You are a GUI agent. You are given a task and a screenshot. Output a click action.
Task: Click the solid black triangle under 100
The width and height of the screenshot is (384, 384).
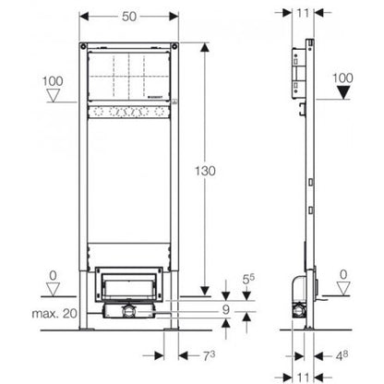(x=342, y=96)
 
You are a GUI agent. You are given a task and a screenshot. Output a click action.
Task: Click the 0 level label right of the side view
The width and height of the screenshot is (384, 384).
(x=343, y=273)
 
